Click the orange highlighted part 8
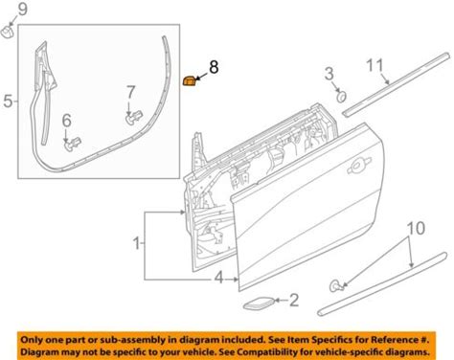pyautogui.click(x=189, y=81)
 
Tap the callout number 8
pyautogui.click(x=214, y=67)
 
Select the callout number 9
pyautogui.click(x=23, y=10)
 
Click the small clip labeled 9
pyautogui.click(x=7, y=32)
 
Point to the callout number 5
pyautogui.click(x=8, y=101)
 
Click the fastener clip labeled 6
pyautogui.click(x=72, y=145)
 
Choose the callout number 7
pyautogui.click(x=131, y=93)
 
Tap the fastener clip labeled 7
pyautogui.click(x=133, y=118)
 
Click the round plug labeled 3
pyautogui.click(x=342, y=96)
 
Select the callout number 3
pyautogui.click(x=329, y=74)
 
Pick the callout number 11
pyautogui.click(x=375, y=65)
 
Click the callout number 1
pyautogui.click(x=137, y=243)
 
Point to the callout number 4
pyautogui.click(x=218, y=278)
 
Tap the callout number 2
pyautogui.click(x=294, y=300)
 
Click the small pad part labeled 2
pyautogui.click(x=259, y=303)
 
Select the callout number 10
pyautogui.click(x=416, y=228)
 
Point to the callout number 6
pyautogui.click(x=66, y=121)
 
